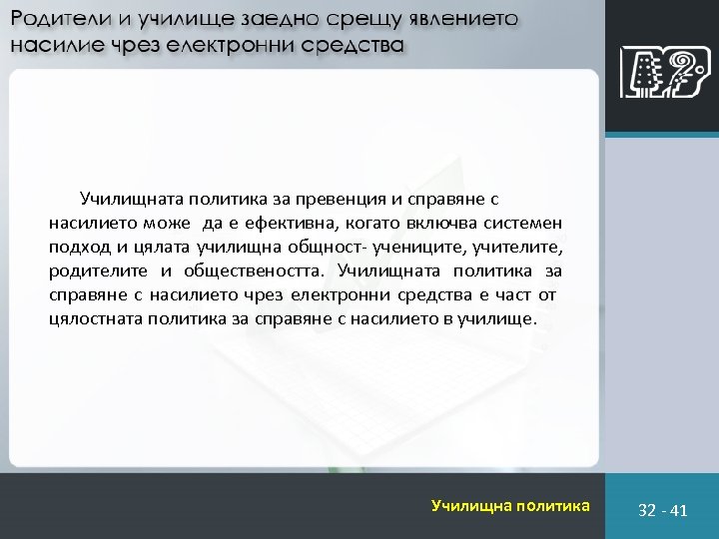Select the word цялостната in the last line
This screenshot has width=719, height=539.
click(94, 320)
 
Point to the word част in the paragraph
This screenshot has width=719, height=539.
click(516, 296)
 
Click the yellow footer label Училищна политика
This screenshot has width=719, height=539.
click(510, 506)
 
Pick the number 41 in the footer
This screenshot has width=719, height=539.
click(679, 510)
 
